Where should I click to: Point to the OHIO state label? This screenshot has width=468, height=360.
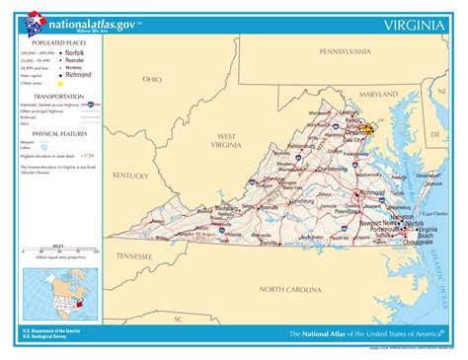(152, 79)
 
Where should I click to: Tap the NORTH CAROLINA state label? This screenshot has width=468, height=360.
(290, 289)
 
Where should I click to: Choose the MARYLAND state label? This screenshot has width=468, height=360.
(378, 95)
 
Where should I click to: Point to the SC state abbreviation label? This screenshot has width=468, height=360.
(179, 319)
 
